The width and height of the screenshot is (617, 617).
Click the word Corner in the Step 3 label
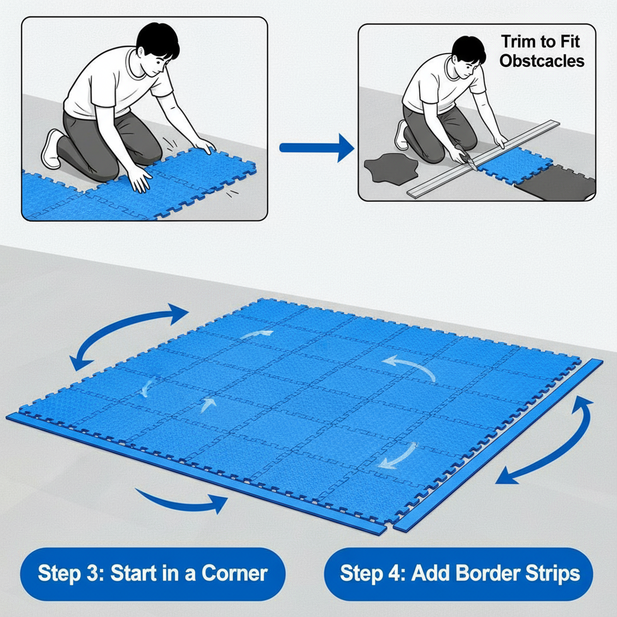(x=234, y=574)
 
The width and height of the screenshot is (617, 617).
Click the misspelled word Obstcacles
(x=542, y=61)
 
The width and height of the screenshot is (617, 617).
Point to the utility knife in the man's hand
(x=466, y=157)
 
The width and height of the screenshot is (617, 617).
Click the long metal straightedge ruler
(x=483, y=158)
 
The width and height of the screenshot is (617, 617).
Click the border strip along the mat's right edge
(x=498, y=445)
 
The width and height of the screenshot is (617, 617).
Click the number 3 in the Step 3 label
(x=92, y=574)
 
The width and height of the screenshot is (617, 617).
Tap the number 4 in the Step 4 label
(x=395, y=574)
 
